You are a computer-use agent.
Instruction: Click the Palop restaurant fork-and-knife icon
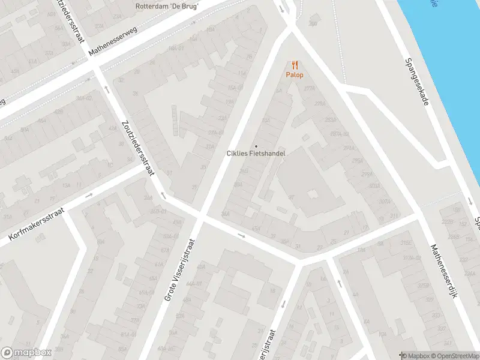294,65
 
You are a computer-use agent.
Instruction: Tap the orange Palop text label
294,75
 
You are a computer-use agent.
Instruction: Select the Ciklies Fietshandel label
256,154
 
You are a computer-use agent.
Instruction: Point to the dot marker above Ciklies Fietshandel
256,146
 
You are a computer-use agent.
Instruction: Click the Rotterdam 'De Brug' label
167,7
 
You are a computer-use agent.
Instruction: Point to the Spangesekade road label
416,82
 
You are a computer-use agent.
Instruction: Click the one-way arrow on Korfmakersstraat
89,195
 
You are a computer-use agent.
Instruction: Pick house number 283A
331,119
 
